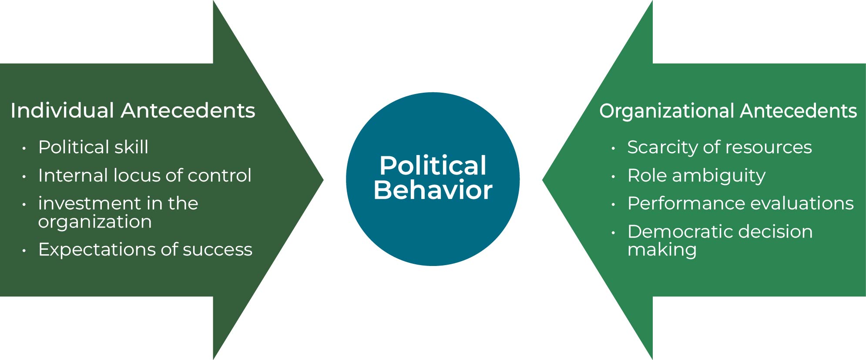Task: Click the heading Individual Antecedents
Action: (133, 111)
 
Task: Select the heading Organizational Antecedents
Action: (728, 111)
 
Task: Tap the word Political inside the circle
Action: (433, 165)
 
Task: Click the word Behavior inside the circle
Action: (433, 190)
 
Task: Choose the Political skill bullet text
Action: (93, 147)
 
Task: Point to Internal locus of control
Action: (144, 175)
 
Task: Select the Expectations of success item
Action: (145, 249)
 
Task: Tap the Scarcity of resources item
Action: (719, 147)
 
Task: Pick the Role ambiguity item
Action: (696, 175)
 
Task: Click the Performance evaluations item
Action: (740, 203)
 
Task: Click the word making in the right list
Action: (662, 250)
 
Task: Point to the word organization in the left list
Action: (95, 222)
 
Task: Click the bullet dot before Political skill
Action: (24, 148)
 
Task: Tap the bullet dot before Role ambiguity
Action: (613, 177)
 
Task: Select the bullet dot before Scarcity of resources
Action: (613, 148)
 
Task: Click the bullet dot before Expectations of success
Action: (24, 251)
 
